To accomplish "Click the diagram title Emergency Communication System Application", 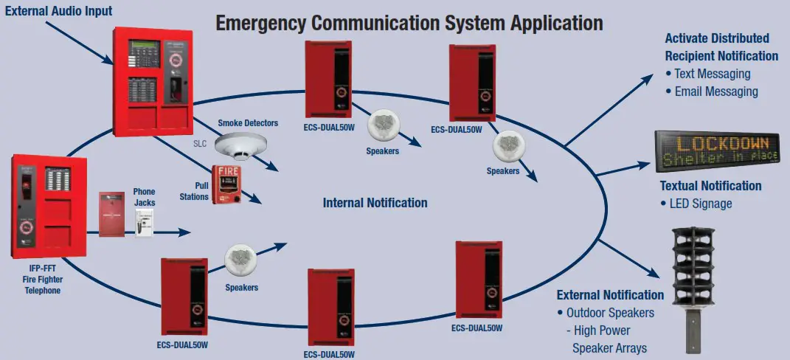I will tap(409, 22).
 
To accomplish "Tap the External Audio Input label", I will tap(59, 10).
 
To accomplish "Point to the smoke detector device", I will tap(240, 146).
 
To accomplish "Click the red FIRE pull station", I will tap(226, 184).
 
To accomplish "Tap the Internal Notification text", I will tap(375, 202).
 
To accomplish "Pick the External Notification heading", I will tap(610, 295).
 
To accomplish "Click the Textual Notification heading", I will tap(710, 186).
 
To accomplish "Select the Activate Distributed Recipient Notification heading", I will tap(721, 47).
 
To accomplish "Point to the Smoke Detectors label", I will tap(248, 122).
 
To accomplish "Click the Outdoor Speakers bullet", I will tap(610, 313).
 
